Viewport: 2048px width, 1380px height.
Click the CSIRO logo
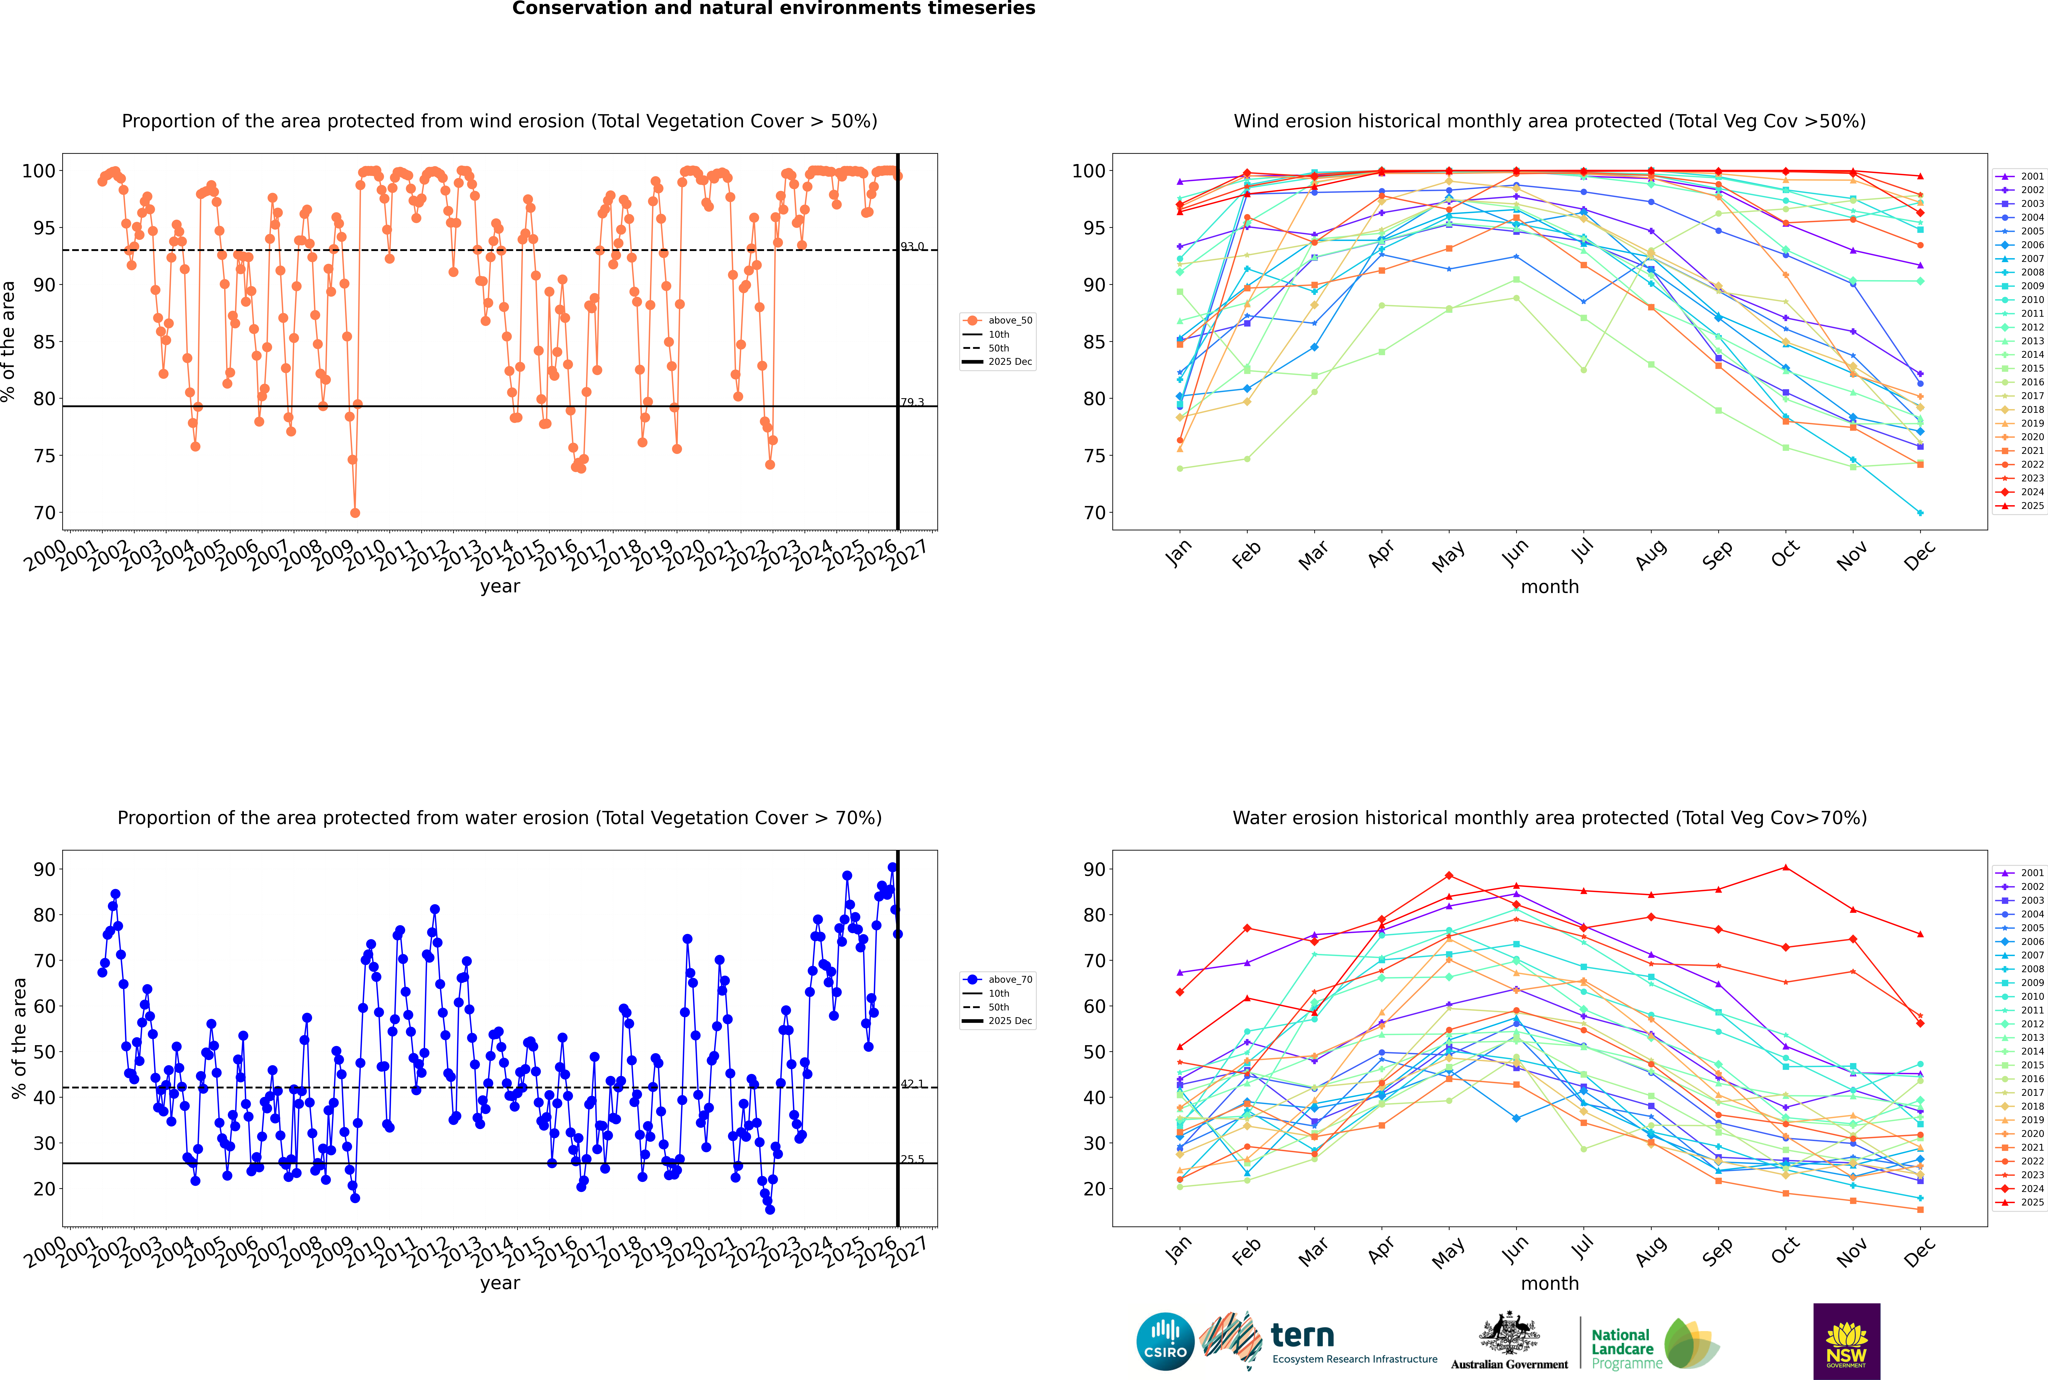click(1165, 1341)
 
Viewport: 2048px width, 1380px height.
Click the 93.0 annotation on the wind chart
click(912, 246)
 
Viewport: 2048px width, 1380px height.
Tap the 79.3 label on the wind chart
click(912, 402)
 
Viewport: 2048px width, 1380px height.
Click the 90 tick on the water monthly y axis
click(1094, 870)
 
